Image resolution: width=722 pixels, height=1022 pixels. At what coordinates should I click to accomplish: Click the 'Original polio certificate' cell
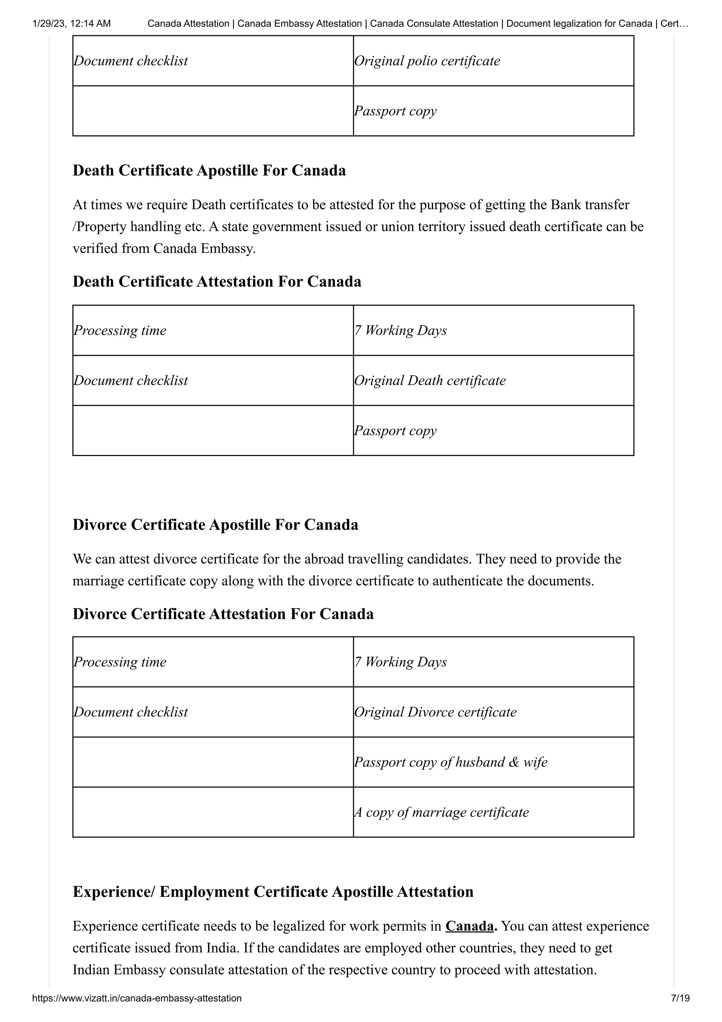(x=427, y=61)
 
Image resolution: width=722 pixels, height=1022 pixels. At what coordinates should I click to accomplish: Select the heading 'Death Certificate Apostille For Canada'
(x=209, y=170)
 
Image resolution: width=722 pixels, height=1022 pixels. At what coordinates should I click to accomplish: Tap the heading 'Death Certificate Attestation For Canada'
(x=217, y=281)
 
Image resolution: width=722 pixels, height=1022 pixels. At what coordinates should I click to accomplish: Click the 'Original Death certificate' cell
(x=430, y=381)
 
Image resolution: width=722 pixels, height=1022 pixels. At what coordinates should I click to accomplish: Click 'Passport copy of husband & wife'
(x=450, y=762)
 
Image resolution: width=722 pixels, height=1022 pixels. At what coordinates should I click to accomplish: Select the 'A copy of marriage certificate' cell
(x=441, y=813)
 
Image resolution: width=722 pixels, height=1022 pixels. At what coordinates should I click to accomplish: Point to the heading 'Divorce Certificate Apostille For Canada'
(x=215, y=524)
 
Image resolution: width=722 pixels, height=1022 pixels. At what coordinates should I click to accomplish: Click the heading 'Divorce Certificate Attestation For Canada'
(x=223, y=614)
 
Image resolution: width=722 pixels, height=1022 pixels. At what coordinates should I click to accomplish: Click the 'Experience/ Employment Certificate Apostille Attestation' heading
(x=273, y=892)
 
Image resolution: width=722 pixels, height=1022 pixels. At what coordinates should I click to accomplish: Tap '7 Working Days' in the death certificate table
(x=400, y=330)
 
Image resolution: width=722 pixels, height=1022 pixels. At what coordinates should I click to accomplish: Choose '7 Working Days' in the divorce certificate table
(x=400, y=662)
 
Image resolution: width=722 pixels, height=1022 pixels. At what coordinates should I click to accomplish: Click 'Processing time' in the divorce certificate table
(x=120, y=662)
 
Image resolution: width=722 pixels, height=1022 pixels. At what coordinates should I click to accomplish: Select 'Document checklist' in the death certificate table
(x=131, y=381)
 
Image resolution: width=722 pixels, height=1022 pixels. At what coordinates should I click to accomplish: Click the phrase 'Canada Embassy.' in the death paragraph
(x=204, y=248)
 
